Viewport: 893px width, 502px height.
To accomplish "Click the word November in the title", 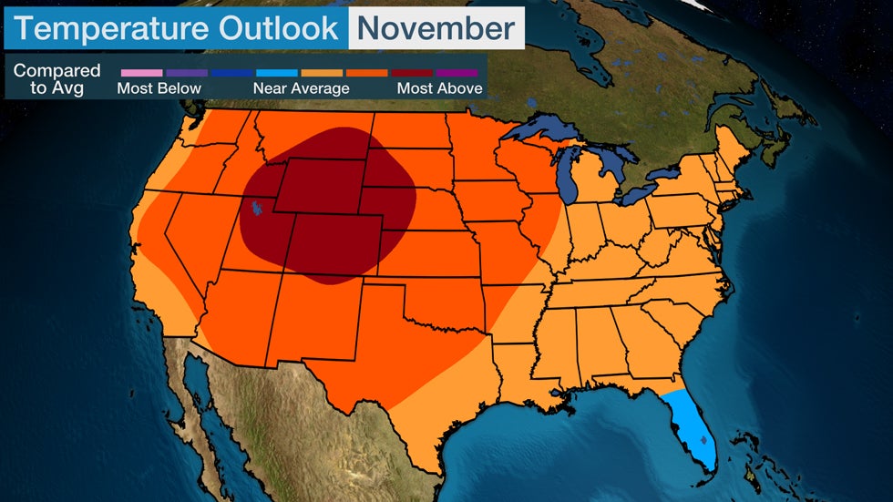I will pyautogui.click(x=436, y=28).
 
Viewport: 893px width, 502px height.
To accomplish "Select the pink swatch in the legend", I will pyautogui.click(x=141, y=72).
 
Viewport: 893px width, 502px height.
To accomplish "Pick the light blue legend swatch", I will pyautogui.click(x=277, y=72).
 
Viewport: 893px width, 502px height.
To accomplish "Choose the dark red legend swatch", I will pyautogui.click(x=411, y=72).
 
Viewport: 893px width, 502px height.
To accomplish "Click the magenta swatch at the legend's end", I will pyautogui.click(x=457, y=72).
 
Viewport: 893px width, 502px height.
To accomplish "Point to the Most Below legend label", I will pyautogui.click(x=159, y=88).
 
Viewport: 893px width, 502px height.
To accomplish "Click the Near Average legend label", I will pyautogui.click(x=301, y=88).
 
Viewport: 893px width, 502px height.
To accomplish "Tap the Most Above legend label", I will pyautogui.click(x=439, y=88).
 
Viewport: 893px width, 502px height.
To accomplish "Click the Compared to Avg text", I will pyautogui.click(x=56, y=79).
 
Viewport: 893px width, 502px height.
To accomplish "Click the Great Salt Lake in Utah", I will pyautogui.click(x=258, y=210).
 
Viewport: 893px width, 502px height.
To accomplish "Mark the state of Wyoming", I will pyautogui.click(x=319, y=187).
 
